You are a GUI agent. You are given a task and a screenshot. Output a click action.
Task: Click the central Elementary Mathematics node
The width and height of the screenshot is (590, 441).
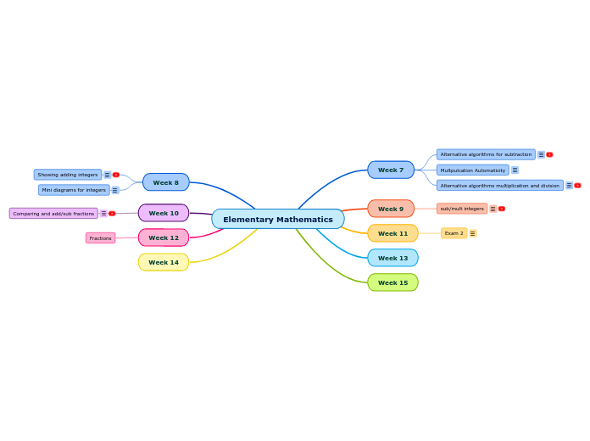point(278,220)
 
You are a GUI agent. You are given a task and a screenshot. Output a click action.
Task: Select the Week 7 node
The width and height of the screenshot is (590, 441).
point(391,170)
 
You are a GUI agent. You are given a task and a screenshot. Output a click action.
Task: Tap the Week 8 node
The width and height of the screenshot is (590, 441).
point(166,182)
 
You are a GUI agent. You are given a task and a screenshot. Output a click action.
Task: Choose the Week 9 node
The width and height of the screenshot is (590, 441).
point(391,209)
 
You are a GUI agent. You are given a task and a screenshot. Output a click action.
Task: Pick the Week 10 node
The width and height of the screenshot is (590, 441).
point(164,213)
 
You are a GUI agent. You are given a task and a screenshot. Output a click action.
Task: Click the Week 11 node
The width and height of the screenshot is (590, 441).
point(392,233)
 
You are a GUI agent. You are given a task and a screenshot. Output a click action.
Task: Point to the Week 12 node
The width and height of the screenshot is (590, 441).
point(164,237)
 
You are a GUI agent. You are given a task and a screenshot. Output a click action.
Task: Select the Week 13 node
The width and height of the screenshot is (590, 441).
point(392,258)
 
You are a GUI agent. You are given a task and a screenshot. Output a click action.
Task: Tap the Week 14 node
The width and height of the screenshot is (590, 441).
point(164,262)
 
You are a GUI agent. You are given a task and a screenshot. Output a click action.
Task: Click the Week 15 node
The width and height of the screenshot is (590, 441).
point(392,282)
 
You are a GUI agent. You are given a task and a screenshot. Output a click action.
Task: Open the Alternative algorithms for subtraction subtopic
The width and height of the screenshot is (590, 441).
point(486,154)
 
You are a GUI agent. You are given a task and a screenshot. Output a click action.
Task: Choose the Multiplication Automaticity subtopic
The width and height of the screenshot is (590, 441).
point(473,170)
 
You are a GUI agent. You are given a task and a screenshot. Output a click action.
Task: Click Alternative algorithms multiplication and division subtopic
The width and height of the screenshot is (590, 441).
point(500,185)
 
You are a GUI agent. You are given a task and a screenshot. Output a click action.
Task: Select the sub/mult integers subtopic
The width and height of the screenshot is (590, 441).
point(462,209)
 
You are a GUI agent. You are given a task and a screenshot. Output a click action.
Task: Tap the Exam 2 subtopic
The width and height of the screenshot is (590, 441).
point(454,233)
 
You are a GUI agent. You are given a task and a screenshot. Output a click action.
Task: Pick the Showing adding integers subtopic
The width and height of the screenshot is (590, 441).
point(68,175)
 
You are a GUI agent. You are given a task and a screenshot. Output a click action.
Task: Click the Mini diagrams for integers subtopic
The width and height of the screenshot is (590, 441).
point(74,190)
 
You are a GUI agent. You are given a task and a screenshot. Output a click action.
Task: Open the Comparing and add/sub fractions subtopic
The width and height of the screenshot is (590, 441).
point(53,214)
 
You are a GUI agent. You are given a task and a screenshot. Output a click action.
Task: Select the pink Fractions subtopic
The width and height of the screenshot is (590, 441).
point(101,238)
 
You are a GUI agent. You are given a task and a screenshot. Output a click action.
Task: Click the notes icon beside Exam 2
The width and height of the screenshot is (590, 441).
point(472,233)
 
